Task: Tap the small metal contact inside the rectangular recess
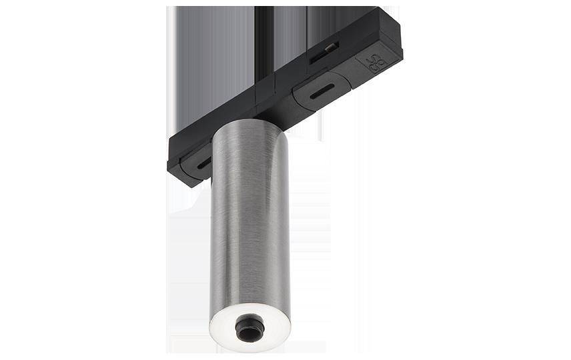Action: pyautogui.click(x=329, y=47)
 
